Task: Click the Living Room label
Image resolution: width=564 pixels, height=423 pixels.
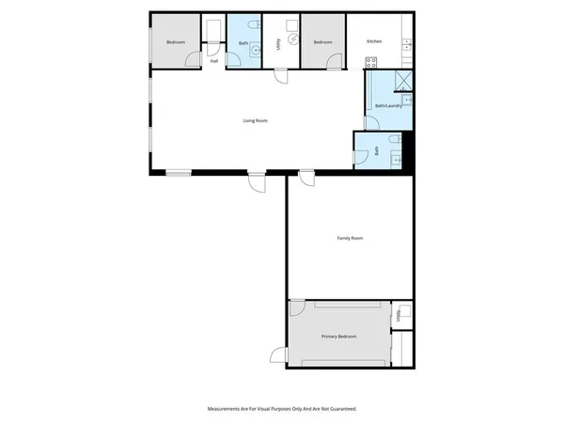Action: coord(256,120)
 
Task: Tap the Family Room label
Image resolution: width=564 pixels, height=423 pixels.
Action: coord(350,239)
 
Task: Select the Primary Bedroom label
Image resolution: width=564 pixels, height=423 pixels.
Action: coord(338,337)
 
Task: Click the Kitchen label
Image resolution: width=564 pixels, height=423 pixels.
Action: coord(374,42)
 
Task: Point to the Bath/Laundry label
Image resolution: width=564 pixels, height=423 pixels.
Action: coord(388,106)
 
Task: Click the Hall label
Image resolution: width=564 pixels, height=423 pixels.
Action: coord(214,61)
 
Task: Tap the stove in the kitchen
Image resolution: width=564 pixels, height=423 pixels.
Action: coord(370,63)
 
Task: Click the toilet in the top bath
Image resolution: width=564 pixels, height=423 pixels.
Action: coord(242,25)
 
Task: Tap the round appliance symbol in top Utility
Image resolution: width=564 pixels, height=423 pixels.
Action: coord(292,39)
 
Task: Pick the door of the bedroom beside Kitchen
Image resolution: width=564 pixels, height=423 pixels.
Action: coord(335,62)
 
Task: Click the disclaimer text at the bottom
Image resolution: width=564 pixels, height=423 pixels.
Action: coord(282,409)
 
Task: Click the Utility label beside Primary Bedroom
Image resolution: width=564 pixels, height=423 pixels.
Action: coord(399,321)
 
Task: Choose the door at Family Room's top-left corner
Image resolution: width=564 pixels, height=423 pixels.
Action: coord(305,176)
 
